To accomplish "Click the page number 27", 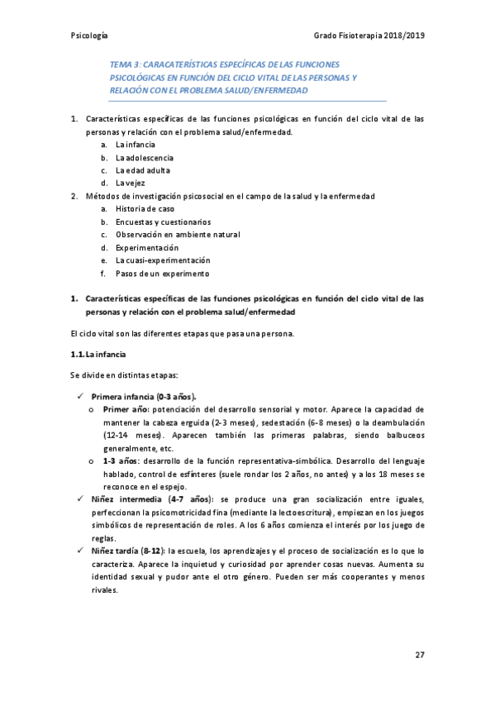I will (x=420, y=656).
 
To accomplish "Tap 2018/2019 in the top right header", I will (x=402, y=36).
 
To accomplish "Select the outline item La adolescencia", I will (x=145, y=157).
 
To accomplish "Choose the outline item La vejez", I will (x=131, y=183).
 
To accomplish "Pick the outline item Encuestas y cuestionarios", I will (x=163, y=222).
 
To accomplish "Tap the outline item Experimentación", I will (x=147, y=247).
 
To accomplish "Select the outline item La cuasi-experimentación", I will (x=157, y=260).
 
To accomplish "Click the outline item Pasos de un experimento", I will (x=162, y=273).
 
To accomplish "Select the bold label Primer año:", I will (x=126, y=409).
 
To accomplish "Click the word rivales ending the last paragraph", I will (x=105, y=589).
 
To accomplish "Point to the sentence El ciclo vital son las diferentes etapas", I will (x=178, y=333).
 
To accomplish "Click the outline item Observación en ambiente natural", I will (x=178, y=235).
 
